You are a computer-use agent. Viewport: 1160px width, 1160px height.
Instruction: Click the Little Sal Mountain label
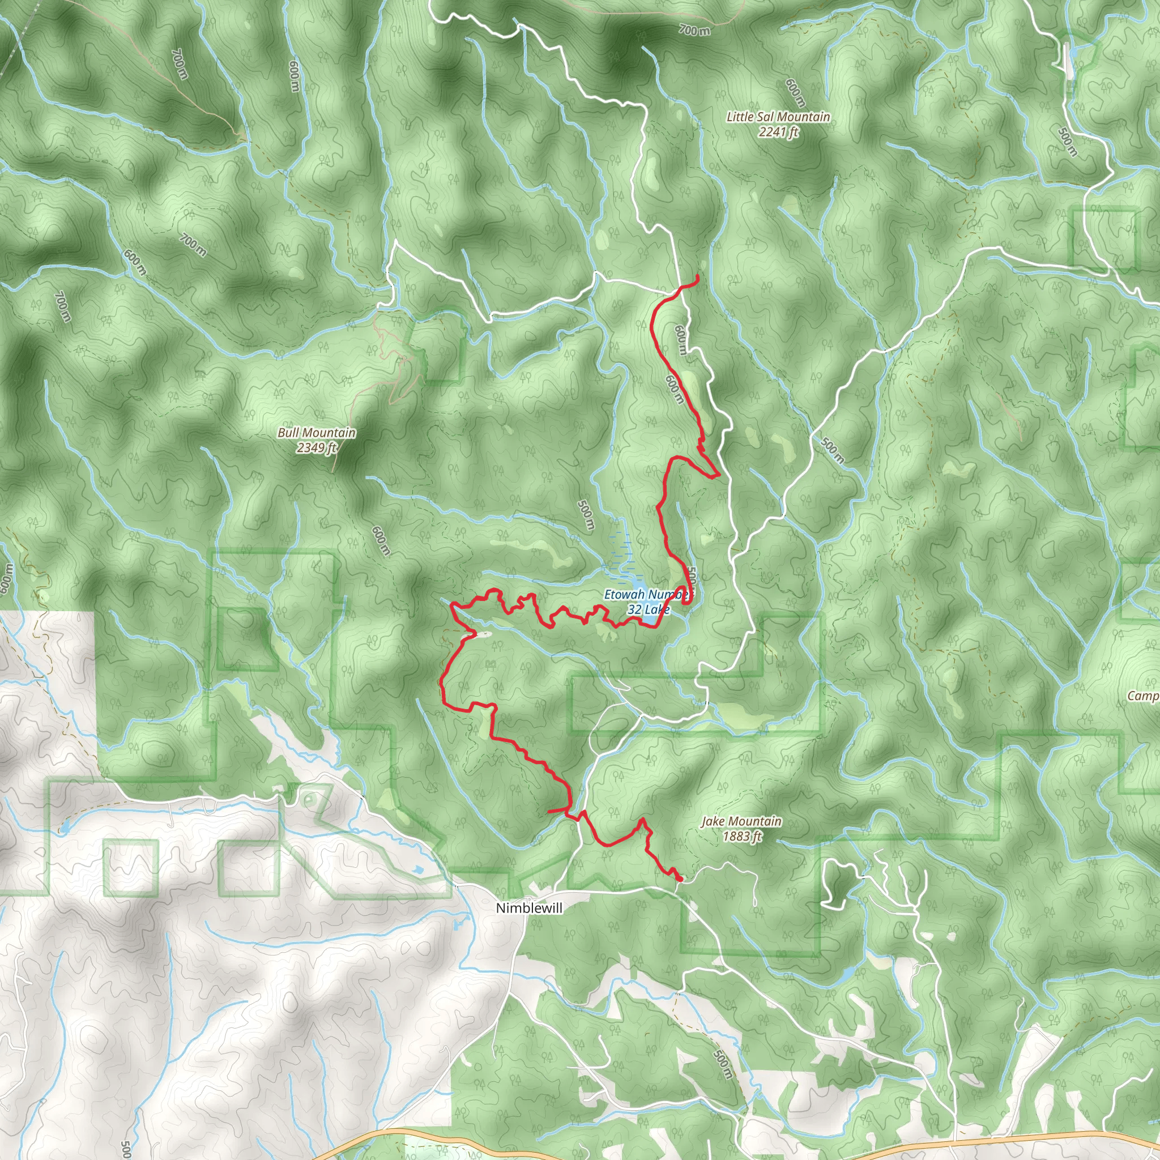(778, 117)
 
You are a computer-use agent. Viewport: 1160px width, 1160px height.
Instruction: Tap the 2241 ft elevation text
(778, 132)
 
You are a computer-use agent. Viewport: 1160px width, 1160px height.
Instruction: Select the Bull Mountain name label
(317, 433)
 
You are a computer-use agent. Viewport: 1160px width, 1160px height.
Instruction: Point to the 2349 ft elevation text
(317, 448)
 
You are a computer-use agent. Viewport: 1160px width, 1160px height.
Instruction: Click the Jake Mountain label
(741, 821)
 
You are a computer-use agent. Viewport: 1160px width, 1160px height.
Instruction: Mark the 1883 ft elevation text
(741, 837)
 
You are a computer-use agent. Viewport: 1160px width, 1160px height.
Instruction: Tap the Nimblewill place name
(521, 909)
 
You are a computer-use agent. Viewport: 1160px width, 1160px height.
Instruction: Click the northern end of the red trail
(697, 276)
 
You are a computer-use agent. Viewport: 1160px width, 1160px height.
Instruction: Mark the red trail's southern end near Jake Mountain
(680, 880)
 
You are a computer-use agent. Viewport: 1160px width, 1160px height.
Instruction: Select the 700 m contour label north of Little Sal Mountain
(694, 29)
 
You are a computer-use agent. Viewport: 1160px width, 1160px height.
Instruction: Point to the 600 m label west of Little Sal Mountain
(796, 93)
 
